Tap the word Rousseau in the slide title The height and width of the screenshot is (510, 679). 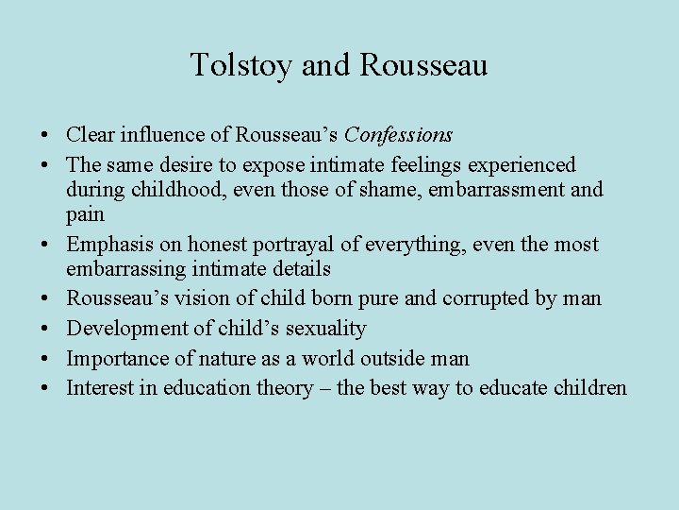423,65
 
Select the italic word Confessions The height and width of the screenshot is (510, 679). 400,135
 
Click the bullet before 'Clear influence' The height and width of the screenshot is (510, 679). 47,136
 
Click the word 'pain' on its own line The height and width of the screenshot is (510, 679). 85,215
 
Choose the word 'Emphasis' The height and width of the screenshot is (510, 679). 106,244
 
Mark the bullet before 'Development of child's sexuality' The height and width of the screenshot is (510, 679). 47,329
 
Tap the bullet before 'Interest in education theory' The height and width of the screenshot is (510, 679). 47,388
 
